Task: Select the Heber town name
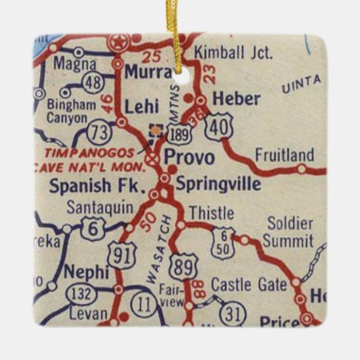tap(236, 99)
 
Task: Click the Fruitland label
tap(285, 155)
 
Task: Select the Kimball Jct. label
tap(233, 52)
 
